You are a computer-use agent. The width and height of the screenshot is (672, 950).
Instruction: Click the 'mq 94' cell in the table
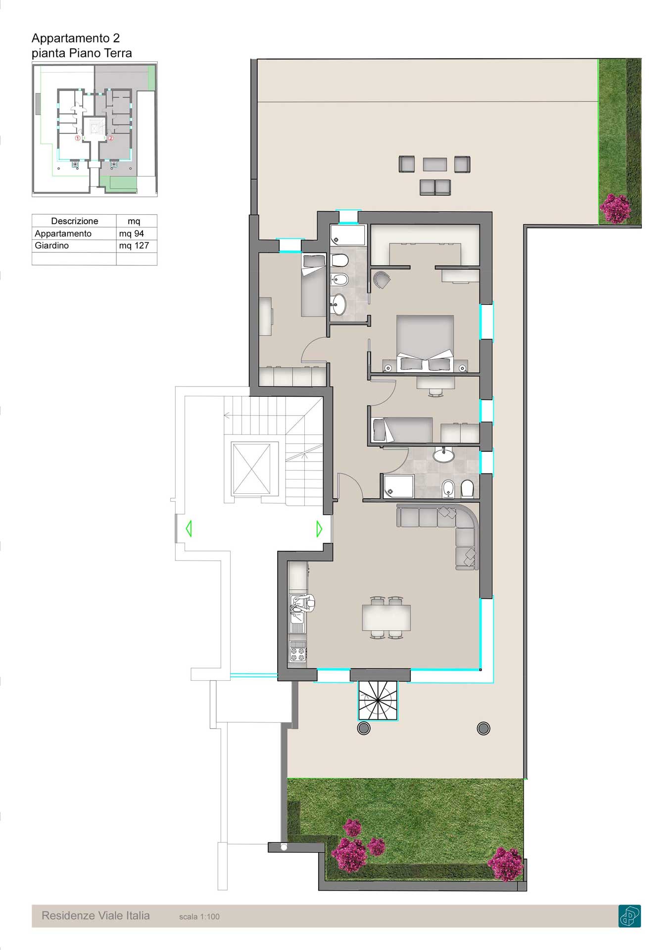tap(131, 234)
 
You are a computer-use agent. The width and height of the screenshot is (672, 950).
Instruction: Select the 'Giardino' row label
tap(51, 245)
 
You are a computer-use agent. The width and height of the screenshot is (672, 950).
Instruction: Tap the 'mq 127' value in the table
tap(134, 245)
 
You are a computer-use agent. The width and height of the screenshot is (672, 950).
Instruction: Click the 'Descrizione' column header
tap(74, 221)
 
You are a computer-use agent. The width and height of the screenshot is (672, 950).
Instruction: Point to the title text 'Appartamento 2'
tap(76, 38)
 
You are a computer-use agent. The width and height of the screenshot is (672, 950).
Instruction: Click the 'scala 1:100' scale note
tap(199, 916)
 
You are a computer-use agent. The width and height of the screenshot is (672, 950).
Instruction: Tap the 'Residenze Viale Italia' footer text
tap(96, 915)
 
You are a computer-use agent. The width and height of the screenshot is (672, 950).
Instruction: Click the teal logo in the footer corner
tap(629, 915)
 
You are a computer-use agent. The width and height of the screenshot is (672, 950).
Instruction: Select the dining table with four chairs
tap(386, 617)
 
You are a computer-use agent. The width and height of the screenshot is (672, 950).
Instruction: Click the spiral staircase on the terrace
tap(378, 700)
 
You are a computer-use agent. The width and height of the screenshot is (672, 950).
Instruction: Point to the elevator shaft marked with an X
tap(251, 469)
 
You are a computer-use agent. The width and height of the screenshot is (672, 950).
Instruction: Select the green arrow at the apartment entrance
tap(319, 529)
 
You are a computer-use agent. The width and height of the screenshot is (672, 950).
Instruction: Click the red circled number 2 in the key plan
tap(111, 138)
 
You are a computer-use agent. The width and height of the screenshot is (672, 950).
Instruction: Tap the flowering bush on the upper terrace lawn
tap(615, 208)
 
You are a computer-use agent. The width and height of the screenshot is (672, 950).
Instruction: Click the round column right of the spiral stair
tap(483, 728)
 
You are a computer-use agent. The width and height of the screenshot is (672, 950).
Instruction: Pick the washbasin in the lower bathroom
tap(443, 455)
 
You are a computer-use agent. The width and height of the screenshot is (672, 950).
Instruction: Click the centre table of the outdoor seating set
tap(435, 164)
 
